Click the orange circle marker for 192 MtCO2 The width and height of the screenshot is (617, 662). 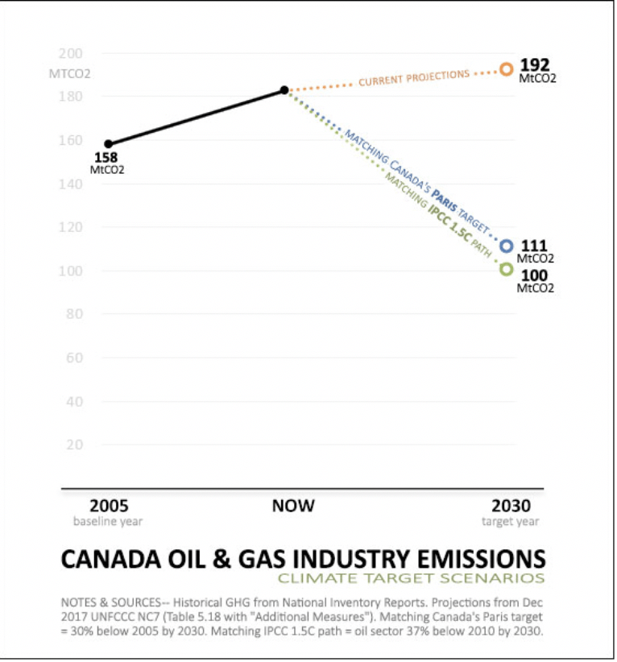tap(506, 69)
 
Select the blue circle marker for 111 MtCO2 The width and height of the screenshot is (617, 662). tap(506, 246)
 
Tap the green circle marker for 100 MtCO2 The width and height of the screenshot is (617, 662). tap(506, 269)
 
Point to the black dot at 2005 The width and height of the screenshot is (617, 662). tap(109, 144)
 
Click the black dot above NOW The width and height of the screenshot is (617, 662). tap(284, 90)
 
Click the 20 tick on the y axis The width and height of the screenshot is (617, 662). tap(75, 445)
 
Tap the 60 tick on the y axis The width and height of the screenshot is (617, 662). tap(75, 358)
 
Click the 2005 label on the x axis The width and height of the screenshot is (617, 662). tap(108, 507)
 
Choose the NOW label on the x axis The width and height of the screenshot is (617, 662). tap(293, 507)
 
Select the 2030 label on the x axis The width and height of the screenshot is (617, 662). tap(511, 507)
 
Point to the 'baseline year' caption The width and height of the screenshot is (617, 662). tap(108, 522)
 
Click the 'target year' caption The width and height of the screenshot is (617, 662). tap(511, 522)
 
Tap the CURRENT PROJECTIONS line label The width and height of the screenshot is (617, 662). tap(413, 78)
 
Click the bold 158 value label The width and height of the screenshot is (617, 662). tap(107, 157)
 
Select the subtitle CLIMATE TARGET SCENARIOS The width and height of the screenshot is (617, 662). tap(411, 578)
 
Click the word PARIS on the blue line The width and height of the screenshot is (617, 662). tap(444, 197)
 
